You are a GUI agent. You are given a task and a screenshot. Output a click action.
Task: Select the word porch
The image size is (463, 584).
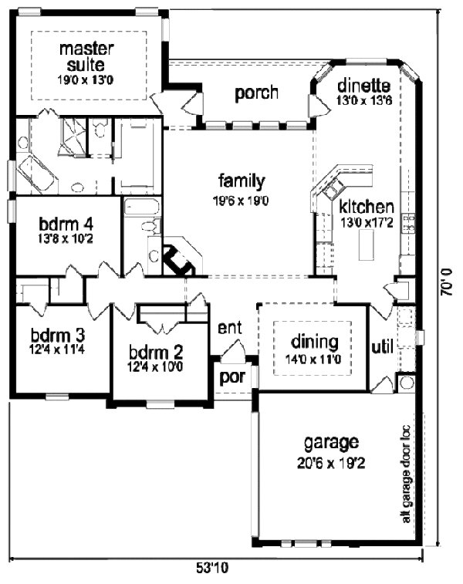[256, 93]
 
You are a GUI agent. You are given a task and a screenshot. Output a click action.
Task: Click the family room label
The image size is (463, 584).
[242, 181]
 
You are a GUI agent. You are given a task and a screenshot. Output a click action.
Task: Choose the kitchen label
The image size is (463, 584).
[367, 207]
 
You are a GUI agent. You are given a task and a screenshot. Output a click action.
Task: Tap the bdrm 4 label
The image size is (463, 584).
[66, 224]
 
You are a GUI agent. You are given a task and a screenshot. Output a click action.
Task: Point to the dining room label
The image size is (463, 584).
[313, 341]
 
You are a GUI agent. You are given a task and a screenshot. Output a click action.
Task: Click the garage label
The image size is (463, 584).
[331, 443]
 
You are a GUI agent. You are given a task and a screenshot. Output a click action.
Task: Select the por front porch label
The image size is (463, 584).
[231, 378]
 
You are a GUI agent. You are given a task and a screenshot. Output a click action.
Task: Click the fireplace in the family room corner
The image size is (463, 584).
[180, 260]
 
